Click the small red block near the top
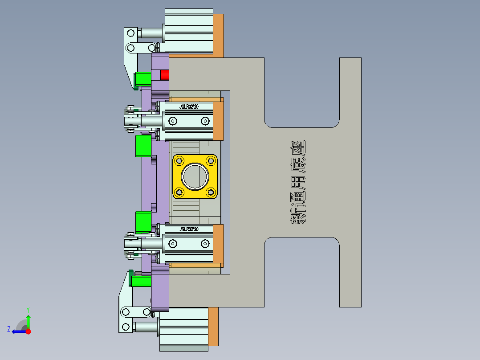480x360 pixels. coord(165,74)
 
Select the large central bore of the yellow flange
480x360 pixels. coord(195,176)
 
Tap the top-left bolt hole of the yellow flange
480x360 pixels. coord(180,160)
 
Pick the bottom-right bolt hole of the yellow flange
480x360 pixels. coord(210,192)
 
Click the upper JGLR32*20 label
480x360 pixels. coord(189,106)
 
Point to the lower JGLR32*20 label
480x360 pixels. coord(189,229)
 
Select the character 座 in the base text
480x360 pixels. coord(298,149)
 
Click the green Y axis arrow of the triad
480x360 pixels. coord(28,320)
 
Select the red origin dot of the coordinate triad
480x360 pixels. coord(28,331)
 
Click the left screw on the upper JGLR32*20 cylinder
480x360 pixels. coord(173,121)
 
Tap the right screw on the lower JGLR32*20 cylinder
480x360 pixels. coord(205,243)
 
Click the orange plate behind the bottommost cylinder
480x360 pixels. coord(213,326)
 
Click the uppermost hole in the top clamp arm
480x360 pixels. coord(131,33)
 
